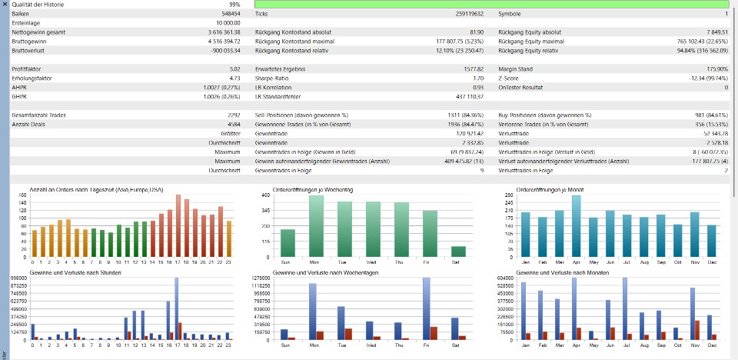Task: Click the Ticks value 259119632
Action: point(463,14)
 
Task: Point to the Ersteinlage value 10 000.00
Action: point(228,23)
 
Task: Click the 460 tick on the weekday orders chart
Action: point(266,195)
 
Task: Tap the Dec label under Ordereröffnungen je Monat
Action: point(711,261)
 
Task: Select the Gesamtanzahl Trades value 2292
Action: point(233,115)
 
